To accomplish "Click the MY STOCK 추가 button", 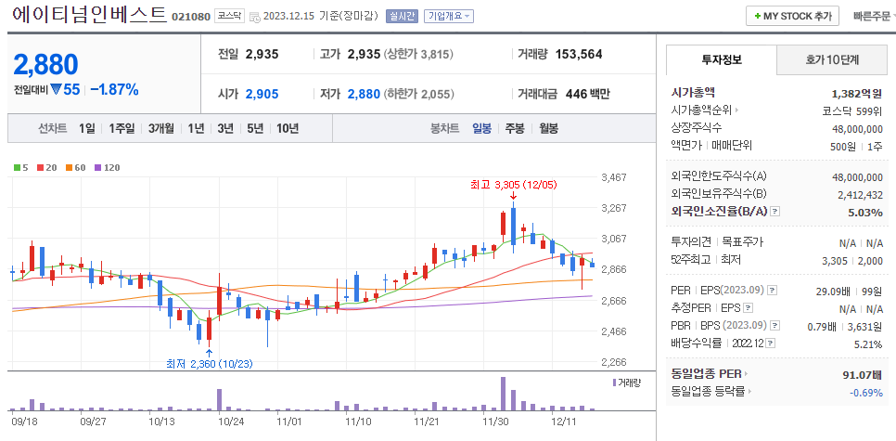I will click(x=792, y=16).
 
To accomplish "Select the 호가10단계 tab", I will click(x=831, y=59).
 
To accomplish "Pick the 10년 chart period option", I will click(x=288, y=128).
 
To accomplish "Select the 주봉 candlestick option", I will click(x=515, y=128).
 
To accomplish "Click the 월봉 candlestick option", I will click(x=548, y=128).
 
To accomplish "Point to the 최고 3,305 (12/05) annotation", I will click(x=513, y=184).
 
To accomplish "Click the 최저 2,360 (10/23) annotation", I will click(x=209, y=363).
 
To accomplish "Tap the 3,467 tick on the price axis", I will click(x=614, y=177).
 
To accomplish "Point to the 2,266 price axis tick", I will click(x=614, y=362).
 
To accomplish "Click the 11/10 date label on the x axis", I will click(x=358, y=421).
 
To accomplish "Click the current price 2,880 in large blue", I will click(x=45, y=64).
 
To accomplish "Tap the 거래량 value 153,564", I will click(x=578, y=54).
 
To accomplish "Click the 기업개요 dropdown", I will click(x=448, y=16).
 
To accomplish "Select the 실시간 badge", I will click(x=402, y=16).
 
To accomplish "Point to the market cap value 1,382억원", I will click(x=857, y=93).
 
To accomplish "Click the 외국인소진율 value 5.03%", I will click(x=864, y=212).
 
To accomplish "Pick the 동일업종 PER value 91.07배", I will click(x=857, y=374).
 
